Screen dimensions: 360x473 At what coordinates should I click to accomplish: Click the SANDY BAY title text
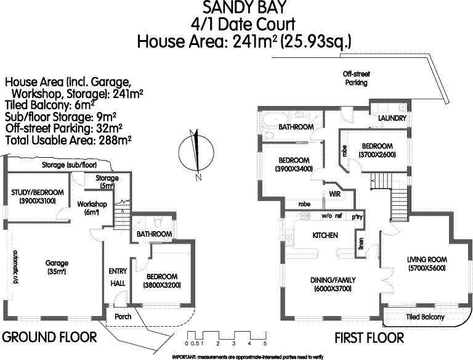coord(236,8)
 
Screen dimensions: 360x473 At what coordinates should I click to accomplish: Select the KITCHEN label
coord(325,235)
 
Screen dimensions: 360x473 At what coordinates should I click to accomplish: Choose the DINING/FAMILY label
coord(333,284)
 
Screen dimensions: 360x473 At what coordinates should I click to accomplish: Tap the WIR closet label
coord(335,194)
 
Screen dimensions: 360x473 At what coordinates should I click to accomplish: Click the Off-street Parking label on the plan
coord(356,78)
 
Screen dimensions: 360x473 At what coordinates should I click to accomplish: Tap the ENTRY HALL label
coord(118,276)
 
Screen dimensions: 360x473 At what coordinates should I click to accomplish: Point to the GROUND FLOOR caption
coord(49,337)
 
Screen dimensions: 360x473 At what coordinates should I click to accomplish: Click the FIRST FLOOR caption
coord(369,338)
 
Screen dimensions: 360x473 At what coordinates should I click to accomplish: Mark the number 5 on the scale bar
coord(265,343)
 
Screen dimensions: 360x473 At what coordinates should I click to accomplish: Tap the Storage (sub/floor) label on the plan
coord(70,166)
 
